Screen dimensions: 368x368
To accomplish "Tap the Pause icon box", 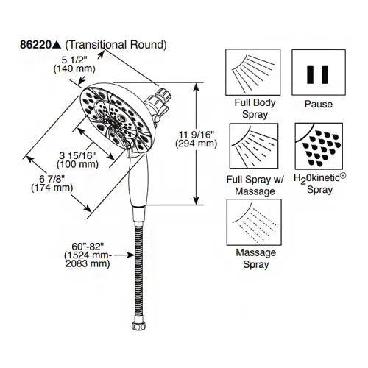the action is click(x=319, y=72).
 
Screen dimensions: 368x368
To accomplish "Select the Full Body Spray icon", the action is click(x=253, y=72).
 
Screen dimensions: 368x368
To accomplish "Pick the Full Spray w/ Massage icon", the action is click(x=254, y=146).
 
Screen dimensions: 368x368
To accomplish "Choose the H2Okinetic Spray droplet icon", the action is click(x=319, y=146).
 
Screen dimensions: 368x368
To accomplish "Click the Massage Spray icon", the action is click(x=254, y=222).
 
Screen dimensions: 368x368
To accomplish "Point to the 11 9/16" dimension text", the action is click(x=197, y=135).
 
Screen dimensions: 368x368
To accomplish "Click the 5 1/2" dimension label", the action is click(x=74, y=60).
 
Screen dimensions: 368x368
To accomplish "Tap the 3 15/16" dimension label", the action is click(x=77, y=155).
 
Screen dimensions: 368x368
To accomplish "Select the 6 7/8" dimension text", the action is click(x=52, y=179).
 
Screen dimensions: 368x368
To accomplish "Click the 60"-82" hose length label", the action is click(x=88, y=246).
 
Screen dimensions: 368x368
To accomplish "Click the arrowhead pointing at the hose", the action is click(x=130, y=255).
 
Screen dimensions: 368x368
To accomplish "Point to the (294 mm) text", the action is click(x=197, y=144).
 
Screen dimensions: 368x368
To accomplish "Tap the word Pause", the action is click(x=319, y=104).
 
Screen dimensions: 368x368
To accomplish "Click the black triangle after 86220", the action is click(x=57, y=45).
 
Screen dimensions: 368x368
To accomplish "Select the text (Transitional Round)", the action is click(x=116, y=45).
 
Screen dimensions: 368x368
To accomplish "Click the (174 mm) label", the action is click(x=52, y=188).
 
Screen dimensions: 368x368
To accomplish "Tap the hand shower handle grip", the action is click(x=138, y=182).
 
